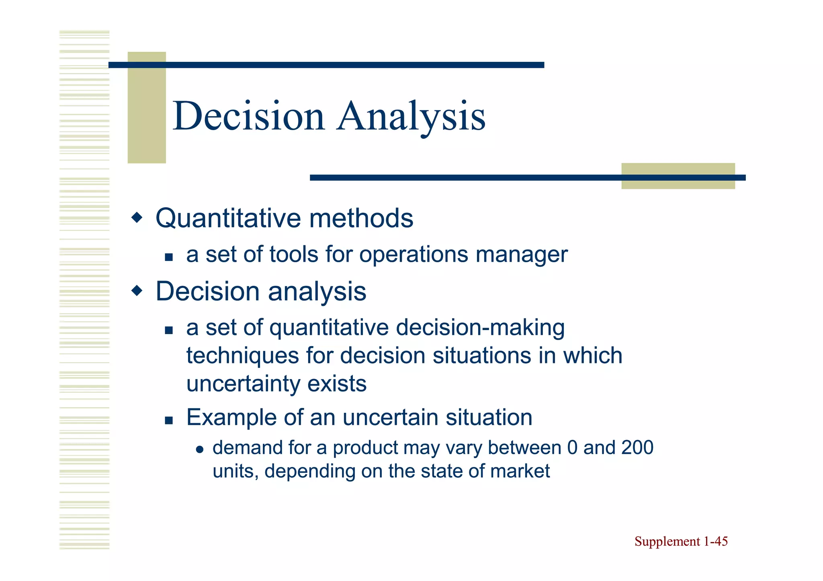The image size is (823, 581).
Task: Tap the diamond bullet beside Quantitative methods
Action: click(x=137, y=218)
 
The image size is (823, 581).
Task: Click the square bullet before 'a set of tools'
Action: click(x=169, y=257)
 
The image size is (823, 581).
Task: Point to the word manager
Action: click(x=521, y=255)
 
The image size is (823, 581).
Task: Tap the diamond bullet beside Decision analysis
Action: click(x=137, y=290)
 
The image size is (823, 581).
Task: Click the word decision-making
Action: click(x=480, y=328)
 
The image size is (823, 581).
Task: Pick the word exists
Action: click(x=337, y=383)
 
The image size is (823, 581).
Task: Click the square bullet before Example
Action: click(x=169, y=420)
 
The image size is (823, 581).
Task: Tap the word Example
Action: click(x=231, y=418)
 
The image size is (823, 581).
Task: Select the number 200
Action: click(x=637, y=448)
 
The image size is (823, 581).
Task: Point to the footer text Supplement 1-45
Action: click(x=681, y=542)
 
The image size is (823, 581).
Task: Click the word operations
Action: click(x=414, y=255)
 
